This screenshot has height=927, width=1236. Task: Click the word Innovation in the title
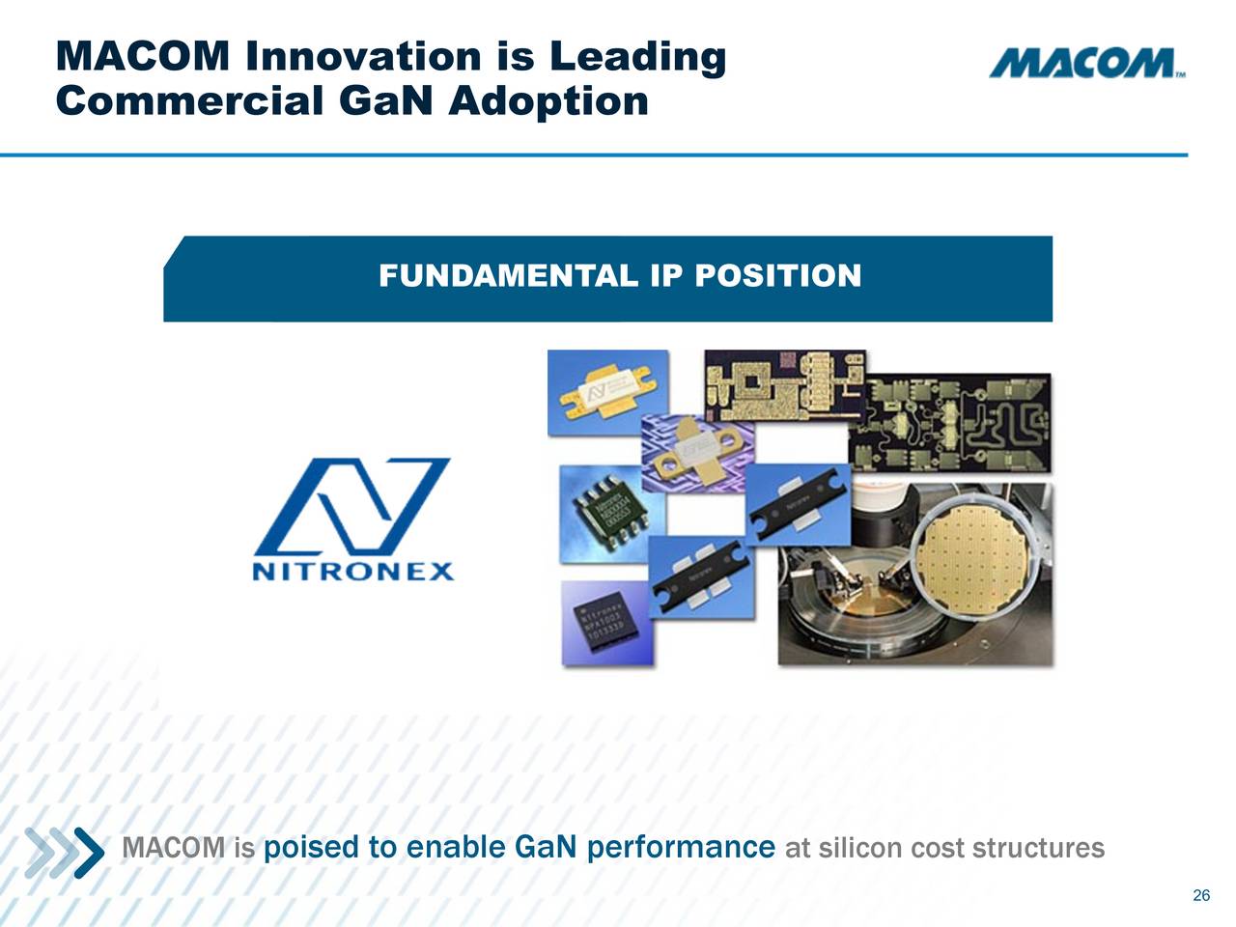[363, 57]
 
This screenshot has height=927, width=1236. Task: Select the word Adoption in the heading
[548, 100]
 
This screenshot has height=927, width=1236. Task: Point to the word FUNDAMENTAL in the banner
[508, 276]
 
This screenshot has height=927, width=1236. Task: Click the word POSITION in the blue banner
[777, 276]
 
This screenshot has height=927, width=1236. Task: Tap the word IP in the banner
[666, 276]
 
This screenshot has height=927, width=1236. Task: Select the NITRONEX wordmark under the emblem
[353, 571]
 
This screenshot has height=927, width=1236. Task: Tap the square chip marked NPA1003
[606, 624]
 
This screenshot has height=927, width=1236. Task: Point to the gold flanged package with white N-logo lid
[606, 394]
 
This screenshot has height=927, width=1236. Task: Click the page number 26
[1201, 895]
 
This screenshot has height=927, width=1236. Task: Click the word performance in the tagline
[680, 848]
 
